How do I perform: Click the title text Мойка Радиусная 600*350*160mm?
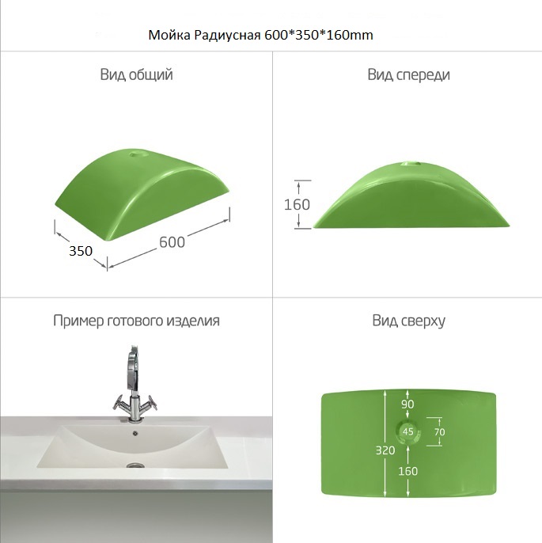(x=260, y=35)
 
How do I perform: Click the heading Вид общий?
(x=136, y=74)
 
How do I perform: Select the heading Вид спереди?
(x=408, y=74)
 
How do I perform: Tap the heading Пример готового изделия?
(x=136, y=321)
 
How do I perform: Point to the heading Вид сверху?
(x=408, y=321)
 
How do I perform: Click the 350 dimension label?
(x=81, y=251)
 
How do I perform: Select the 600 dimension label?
(x=172, y=242)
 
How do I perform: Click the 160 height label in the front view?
(x=297, y=204)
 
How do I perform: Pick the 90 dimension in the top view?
(x=407, y=404)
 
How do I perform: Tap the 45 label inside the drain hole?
(x=408, y=431)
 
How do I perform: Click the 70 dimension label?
(x=439, y=432)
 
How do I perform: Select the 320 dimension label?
(x=385, y=450)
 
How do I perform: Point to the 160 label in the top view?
(x=407, y=471)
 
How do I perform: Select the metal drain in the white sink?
(x=135, y=465)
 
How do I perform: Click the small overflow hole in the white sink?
(x=135, y=432)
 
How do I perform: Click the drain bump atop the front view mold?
(x=410, y=163)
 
